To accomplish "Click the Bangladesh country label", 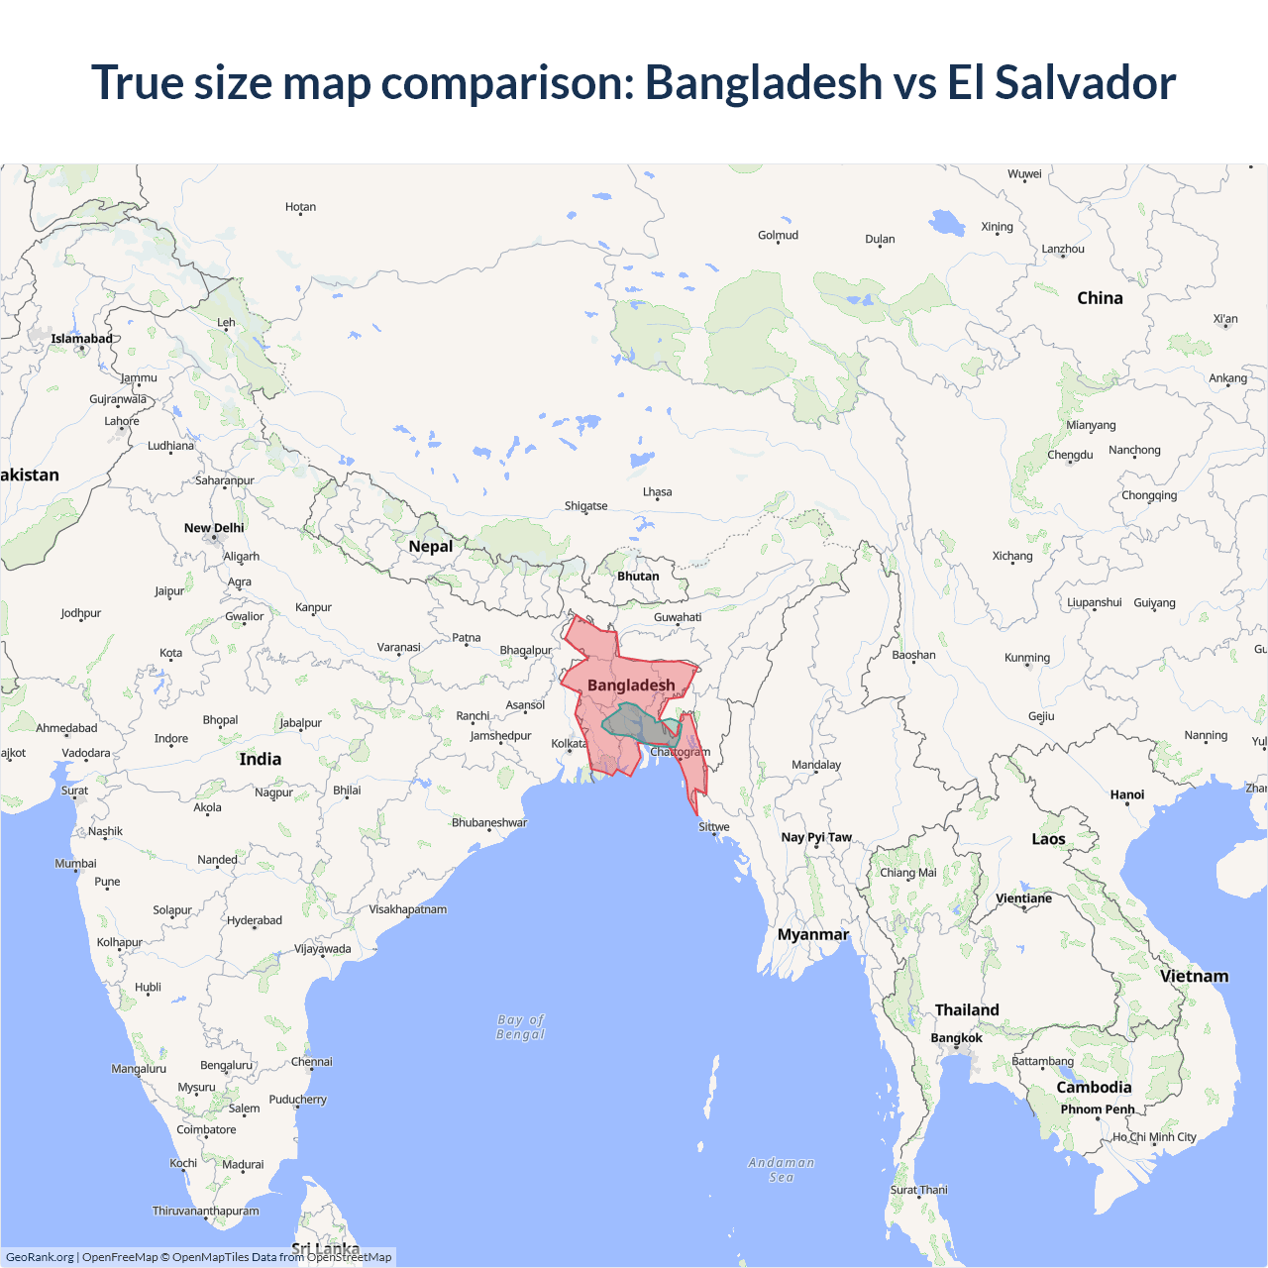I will pyautogui.click(x=631, y=686).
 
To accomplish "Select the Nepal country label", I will pyautogui.click(x=430, y=547).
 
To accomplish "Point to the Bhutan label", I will pyautogui.click(x=638, y=577).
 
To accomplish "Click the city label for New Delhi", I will pyautogui.click(x=214, y=528).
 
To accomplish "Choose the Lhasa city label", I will pyautogui.click(x=657, y=492).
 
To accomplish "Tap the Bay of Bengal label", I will pyautogui.click(x=521, y=1027).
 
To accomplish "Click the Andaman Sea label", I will pyautogui.click(x=782, y=1170).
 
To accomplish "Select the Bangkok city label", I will pyautogui.click(x=956, y=1038).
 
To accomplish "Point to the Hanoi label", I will pyautogui.click(x=1127, y=794).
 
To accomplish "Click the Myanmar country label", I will pyautogui.click(x=813, y=935).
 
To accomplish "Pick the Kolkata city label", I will pyautogui.click(x=569, y=744).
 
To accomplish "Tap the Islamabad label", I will pyautogui.click(x=82, y=339).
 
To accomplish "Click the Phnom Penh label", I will pyautogui.click(x=1098, y=1109).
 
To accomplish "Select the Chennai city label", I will pyautogui.click(x=312, y=1062).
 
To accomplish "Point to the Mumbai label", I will pyautogui.click(x=76, y=864).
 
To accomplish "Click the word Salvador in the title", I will pyautogui.click(x=1086, y=82).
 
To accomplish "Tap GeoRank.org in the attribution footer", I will pyautogui.click(x=40, y=1257).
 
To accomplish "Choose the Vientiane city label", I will pyautogui.click(x=1023, y=898).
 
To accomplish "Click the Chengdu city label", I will pyautogui.click(x=1070, y=455).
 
